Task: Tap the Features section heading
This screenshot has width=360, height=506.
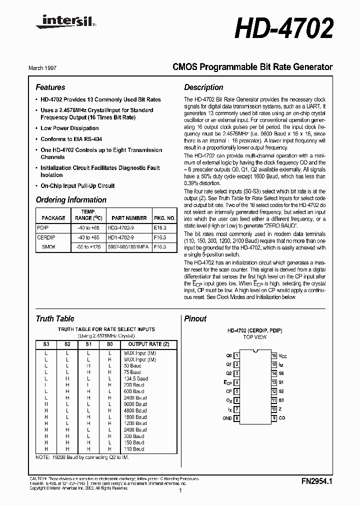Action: (50, 87)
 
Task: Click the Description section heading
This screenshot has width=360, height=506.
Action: (203, 87)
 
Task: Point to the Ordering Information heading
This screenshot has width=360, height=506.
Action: (71, 200)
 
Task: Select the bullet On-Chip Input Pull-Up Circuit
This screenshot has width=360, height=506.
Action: (77, 186)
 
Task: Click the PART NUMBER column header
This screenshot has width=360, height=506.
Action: (129, 218)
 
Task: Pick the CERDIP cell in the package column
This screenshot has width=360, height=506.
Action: (46, 237)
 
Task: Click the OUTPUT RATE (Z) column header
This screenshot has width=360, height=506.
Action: (145, 344)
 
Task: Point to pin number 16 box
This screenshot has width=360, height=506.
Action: (274, 355)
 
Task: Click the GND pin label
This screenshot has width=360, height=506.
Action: (227, 418)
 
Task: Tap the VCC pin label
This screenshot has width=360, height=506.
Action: (283, 355)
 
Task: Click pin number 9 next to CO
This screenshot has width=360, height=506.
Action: (274, 418)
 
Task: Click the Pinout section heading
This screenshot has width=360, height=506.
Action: (195, 319)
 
